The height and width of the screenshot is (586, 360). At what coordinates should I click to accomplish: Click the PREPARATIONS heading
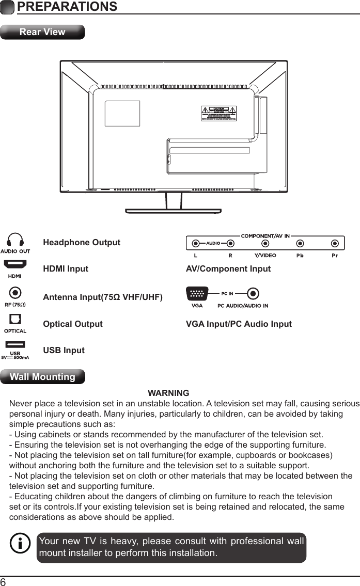point(67,7)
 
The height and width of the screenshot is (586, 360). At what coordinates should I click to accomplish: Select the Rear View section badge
point(42,32)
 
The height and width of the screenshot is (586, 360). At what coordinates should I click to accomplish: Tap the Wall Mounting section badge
point(43,377)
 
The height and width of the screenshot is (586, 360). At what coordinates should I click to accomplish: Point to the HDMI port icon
point(15,265)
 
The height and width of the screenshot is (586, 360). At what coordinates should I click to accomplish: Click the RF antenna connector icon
point(15,293)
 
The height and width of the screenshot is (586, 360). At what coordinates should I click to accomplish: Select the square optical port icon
point(15,320)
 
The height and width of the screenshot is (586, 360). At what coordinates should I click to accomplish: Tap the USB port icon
point(15,344)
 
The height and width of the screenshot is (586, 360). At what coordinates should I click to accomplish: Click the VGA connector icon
point(197,294)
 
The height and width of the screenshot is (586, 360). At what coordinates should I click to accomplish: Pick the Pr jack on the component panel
point(335,243)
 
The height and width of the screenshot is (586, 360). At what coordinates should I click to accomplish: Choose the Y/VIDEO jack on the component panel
point(265,243)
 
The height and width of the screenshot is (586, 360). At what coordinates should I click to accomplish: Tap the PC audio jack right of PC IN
point(253,294)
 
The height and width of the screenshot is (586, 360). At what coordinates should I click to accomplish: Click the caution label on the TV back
point(218,113)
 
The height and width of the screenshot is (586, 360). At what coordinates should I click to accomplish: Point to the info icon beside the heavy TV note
point(20,544)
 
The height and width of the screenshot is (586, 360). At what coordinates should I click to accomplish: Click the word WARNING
point(168,393)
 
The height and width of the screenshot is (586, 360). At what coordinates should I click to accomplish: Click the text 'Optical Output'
point(73,324)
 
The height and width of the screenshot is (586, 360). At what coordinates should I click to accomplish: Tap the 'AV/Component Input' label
point(228,269)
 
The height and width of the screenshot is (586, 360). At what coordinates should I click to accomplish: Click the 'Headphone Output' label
point(82,243)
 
